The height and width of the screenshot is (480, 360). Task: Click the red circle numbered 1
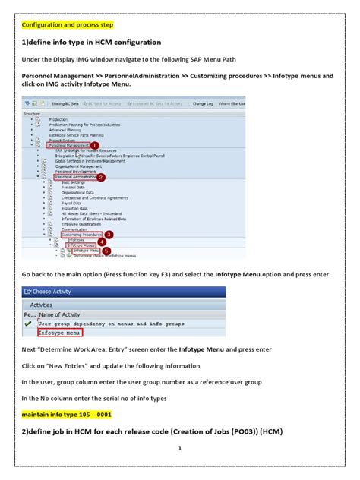[96, 144]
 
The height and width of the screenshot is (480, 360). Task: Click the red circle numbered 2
[101, 177]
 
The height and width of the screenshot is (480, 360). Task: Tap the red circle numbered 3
[109, 235]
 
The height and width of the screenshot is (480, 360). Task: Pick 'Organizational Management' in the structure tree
[76, 166]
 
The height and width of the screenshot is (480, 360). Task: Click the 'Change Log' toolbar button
[203, 103]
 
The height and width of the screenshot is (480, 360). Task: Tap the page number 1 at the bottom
[180, 447]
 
